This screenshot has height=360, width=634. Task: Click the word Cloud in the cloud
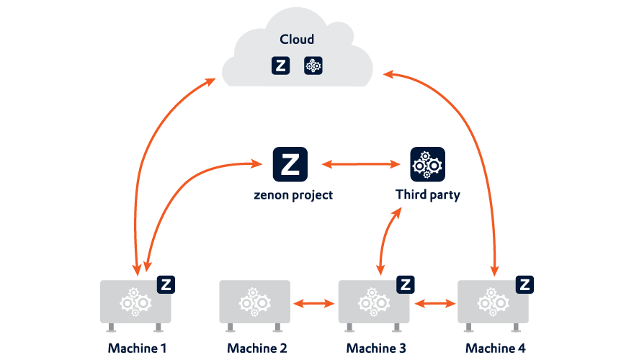point(297,40)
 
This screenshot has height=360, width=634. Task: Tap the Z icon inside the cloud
point(280,66)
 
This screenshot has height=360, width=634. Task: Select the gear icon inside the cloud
point(313,66)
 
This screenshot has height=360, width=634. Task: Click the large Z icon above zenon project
point(290,164)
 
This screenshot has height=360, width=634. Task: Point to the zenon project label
point(293,195)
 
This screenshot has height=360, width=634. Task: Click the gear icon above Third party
point(427,164)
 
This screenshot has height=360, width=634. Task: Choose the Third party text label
point(427,195)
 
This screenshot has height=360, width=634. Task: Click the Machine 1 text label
point(137,348)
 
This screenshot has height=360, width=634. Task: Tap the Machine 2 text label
point(256,348)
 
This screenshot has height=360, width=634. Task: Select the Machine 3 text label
point(375,348)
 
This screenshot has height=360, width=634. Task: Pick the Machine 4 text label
point(495,348)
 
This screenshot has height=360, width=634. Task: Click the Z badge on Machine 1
point(166,284)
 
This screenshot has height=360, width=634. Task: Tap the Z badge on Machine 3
point(405,284)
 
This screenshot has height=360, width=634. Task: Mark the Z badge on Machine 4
point(524,284)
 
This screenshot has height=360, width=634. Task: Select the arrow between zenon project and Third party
point(360,165)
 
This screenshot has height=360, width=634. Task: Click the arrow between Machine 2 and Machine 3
point(313,304)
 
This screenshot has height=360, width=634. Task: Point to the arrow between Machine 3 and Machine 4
point(434,304)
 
